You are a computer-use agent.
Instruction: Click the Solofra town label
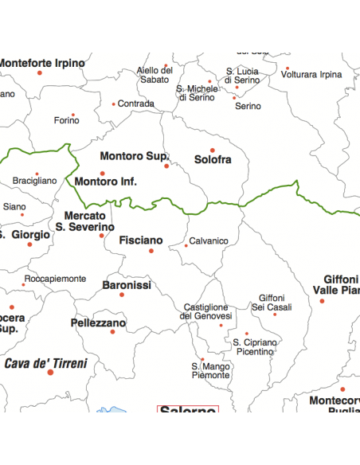pyautogui.click(x=213, y=160)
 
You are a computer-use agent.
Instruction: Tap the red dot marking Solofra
pyautogui.click(x=213, y=150)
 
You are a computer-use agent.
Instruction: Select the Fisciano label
pyautogui.click(x=141, y=240)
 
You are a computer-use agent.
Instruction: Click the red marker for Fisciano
pyautogui.click(x=151, y=251)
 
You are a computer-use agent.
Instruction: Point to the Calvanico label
pyautogui.click(x=209, y=241)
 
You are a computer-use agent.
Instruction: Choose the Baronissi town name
pyautogui.click(x=127, y=284)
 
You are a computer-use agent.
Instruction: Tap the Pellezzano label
pyautogui.click(x=98, y=323)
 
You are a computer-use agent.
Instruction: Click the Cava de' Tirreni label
pyautogui.click(x=45, y=363)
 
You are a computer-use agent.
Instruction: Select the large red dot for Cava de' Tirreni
pyautogui.click(x=50, y=373)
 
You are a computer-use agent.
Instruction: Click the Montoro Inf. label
pyautogui.click(x=106, y=182)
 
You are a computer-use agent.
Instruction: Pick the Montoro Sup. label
pyautogui.click(x=134, y=156)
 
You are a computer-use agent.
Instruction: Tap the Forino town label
pyautogui.click(x=67, y=120)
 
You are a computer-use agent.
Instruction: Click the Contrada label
pyautogui.click(x=136, y=104)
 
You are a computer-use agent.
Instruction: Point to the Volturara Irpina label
pyautogui.click(x=311, y=75)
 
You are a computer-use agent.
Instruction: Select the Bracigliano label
pyautogui.click(x=34, y=181)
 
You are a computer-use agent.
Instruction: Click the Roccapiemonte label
pyautogui.click(x=55, y=279)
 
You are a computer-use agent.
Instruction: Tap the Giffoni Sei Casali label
pyautogui.click(x=272, y=303)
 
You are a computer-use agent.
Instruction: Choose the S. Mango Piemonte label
pyautogui.click(x=210, y=370)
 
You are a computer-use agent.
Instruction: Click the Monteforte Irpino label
pyautogui.click(x=41, y=62)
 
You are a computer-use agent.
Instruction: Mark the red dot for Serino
pyautogui.click(x=234, y=98)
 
